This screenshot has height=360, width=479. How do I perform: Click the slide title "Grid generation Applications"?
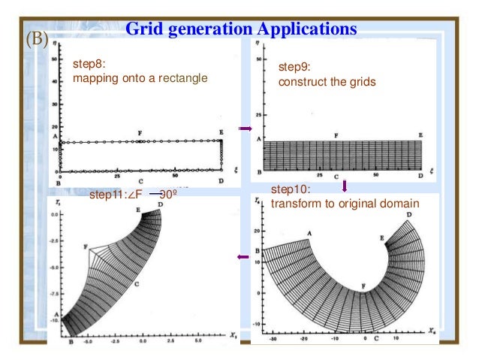coord(240,29)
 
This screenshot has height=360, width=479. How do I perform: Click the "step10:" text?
coord(288,190)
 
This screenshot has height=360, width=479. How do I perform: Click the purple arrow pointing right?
coord(244,129)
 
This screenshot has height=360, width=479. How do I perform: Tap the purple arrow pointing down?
coord(345,185)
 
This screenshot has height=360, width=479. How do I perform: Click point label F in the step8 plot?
coord(140,133)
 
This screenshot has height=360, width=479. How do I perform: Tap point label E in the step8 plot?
coord(221,132)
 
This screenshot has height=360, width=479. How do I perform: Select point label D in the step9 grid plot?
coord(420,174)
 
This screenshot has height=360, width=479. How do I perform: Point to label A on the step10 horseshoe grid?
coord(309,233)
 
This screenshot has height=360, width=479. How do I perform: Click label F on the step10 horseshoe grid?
coord(364,286)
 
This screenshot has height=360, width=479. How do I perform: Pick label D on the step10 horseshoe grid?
coord(408,215)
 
